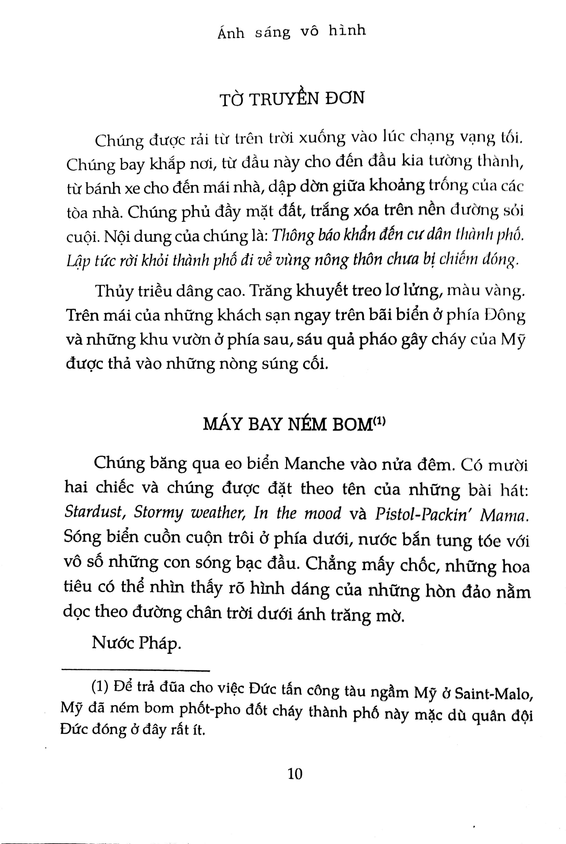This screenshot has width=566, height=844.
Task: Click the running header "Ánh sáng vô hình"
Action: click(292, 32)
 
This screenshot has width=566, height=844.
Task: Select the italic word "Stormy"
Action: click(158, 513)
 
